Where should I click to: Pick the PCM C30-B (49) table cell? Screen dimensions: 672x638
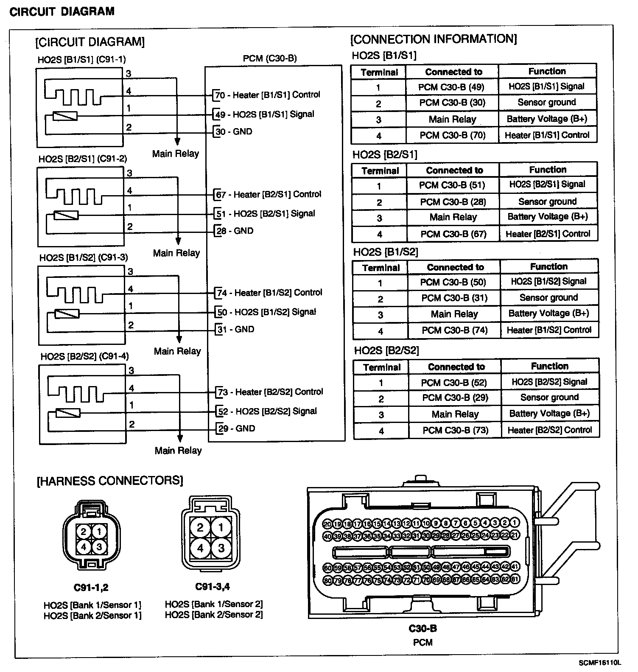[x=451, y=87]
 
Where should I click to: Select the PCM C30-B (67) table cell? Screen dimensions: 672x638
[x=453, y=234]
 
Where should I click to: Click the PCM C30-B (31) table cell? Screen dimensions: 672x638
[x=454, y=298]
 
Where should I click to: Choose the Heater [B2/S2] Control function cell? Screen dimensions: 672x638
[x=550, y=430]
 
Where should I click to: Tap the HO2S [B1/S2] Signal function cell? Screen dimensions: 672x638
[x=548, y=281]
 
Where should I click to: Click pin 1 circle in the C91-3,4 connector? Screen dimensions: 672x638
[x=221, y=527]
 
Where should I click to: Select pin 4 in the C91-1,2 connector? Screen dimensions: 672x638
[x=84, y=547]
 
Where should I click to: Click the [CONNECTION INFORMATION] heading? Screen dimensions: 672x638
[x=434, y=39]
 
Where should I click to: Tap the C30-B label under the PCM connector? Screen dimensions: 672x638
[x=423, y=628]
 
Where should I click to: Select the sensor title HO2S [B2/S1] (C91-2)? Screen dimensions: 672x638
[x=83, y=159]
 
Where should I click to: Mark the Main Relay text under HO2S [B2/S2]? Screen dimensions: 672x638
[x=178, y=451]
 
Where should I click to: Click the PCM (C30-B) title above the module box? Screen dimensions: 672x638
[x=270, y=59]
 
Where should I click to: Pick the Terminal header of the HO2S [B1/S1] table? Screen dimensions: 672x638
[x=379, y=72]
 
